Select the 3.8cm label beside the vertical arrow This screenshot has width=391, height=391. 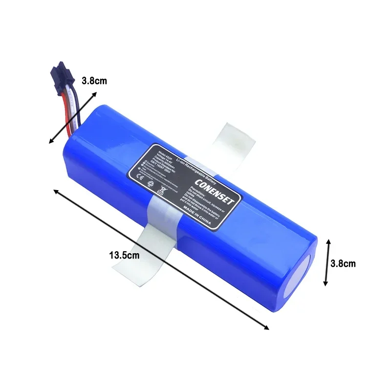pyautogui.click(x=342, y=263)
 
